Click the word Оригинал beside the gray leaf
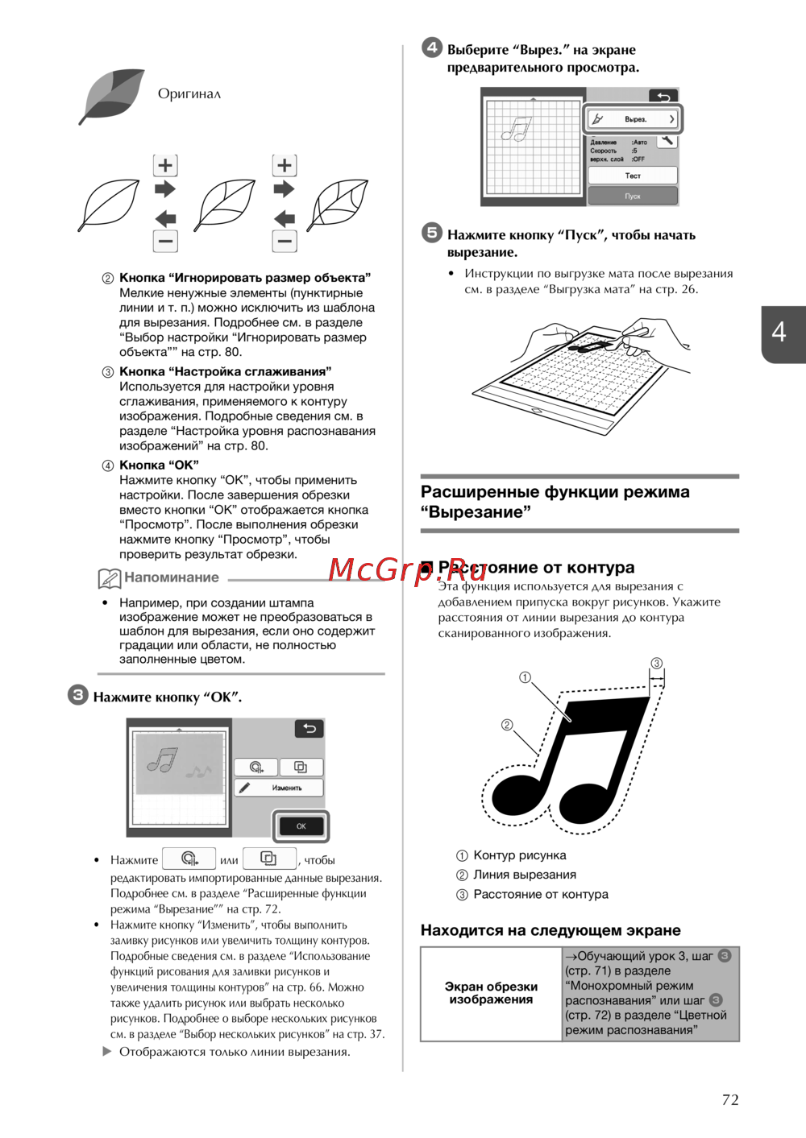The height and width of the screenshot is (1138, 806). [x=189, y=93]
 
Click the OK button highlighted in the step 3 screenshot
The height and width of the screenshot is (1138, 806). [x=301, y=826]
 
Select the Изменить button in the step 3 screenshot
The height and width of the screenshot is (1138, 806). [x=279, y=788]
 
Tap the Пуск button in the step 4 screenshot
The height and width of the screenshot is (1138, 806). [x=633, y=196]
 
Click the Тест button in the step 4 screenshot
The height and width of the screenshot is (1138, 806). [x=633, y=176]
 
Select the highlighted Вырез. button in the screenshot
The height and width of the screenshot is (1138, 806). [x=634, y=119]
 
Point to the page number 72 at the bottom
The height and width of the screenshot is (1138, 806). [x=730, y=1099]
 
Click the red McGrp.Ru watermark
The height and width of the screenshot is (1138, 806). [x=407, y=570]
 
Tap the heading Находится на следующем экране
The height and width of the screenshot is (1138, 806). [x=550, y=930]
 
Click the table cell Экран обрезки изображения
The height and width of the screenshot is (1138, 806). [x=491, y=993]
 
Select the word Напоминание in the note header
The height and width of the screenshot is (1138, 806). [x=172, y=577]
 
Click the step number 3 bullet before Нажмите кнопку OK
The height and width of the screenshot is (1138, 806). [x=77, y=695]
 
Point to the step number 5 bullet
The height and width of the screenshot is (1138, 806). [x=432, y=233]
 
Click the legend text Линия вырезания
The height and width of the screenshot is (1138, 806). [x=525, y=875]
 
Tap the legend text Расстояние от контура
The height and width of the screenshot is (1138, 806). [x=541, y=894]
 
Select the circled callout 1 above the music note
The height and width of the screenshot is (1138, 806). [x=525, y=677]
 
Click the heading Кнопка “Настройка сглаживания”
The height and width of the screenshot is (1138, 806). [x=226, y=371]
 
